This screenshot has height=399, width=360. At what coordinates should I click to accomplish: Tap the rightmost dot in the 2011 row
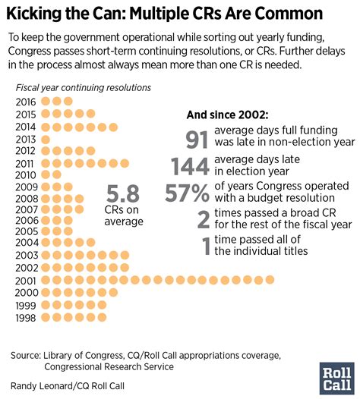click(125, 162)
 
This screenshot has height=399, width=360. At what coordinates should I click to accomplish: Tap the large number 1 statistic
click(206, 245)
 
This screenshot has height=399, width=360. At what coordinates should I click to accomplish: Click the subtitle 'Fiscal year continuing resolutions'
click(83, 88)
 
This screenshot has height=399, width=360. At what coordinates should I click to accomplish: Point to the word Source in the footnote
click(27, 354)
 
